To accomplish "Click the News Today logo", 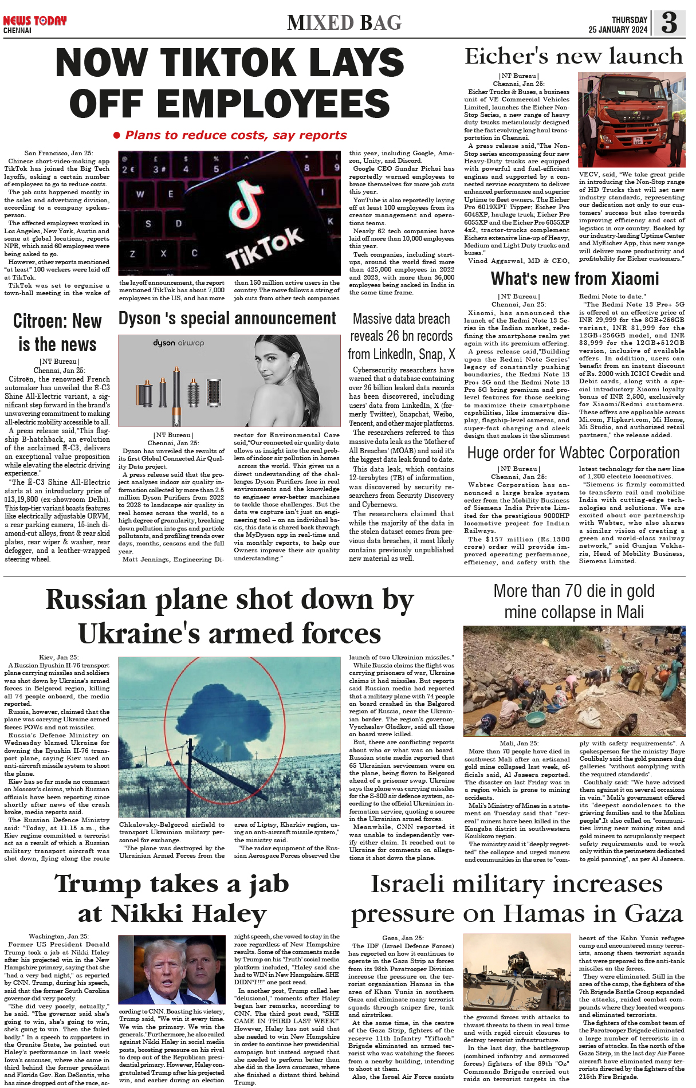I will point(34,21).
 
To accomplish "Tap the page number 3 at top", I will point(669,23).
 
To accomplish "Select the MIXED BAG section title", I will point(344,23).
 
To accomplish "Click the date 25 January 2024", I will point(618,30).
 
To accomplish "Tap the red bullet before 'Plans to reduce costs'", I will point(117,136).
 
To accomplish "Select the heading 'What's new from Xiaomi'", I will point(575,279).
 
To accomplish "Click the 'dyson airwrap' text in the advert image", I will point(178,343).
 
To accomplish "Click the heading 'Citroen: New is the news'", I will point(57,333).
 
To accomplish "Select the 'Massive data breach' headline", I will point(402,336).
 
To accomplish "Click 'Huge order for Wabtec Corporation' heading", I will point(573,453).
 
